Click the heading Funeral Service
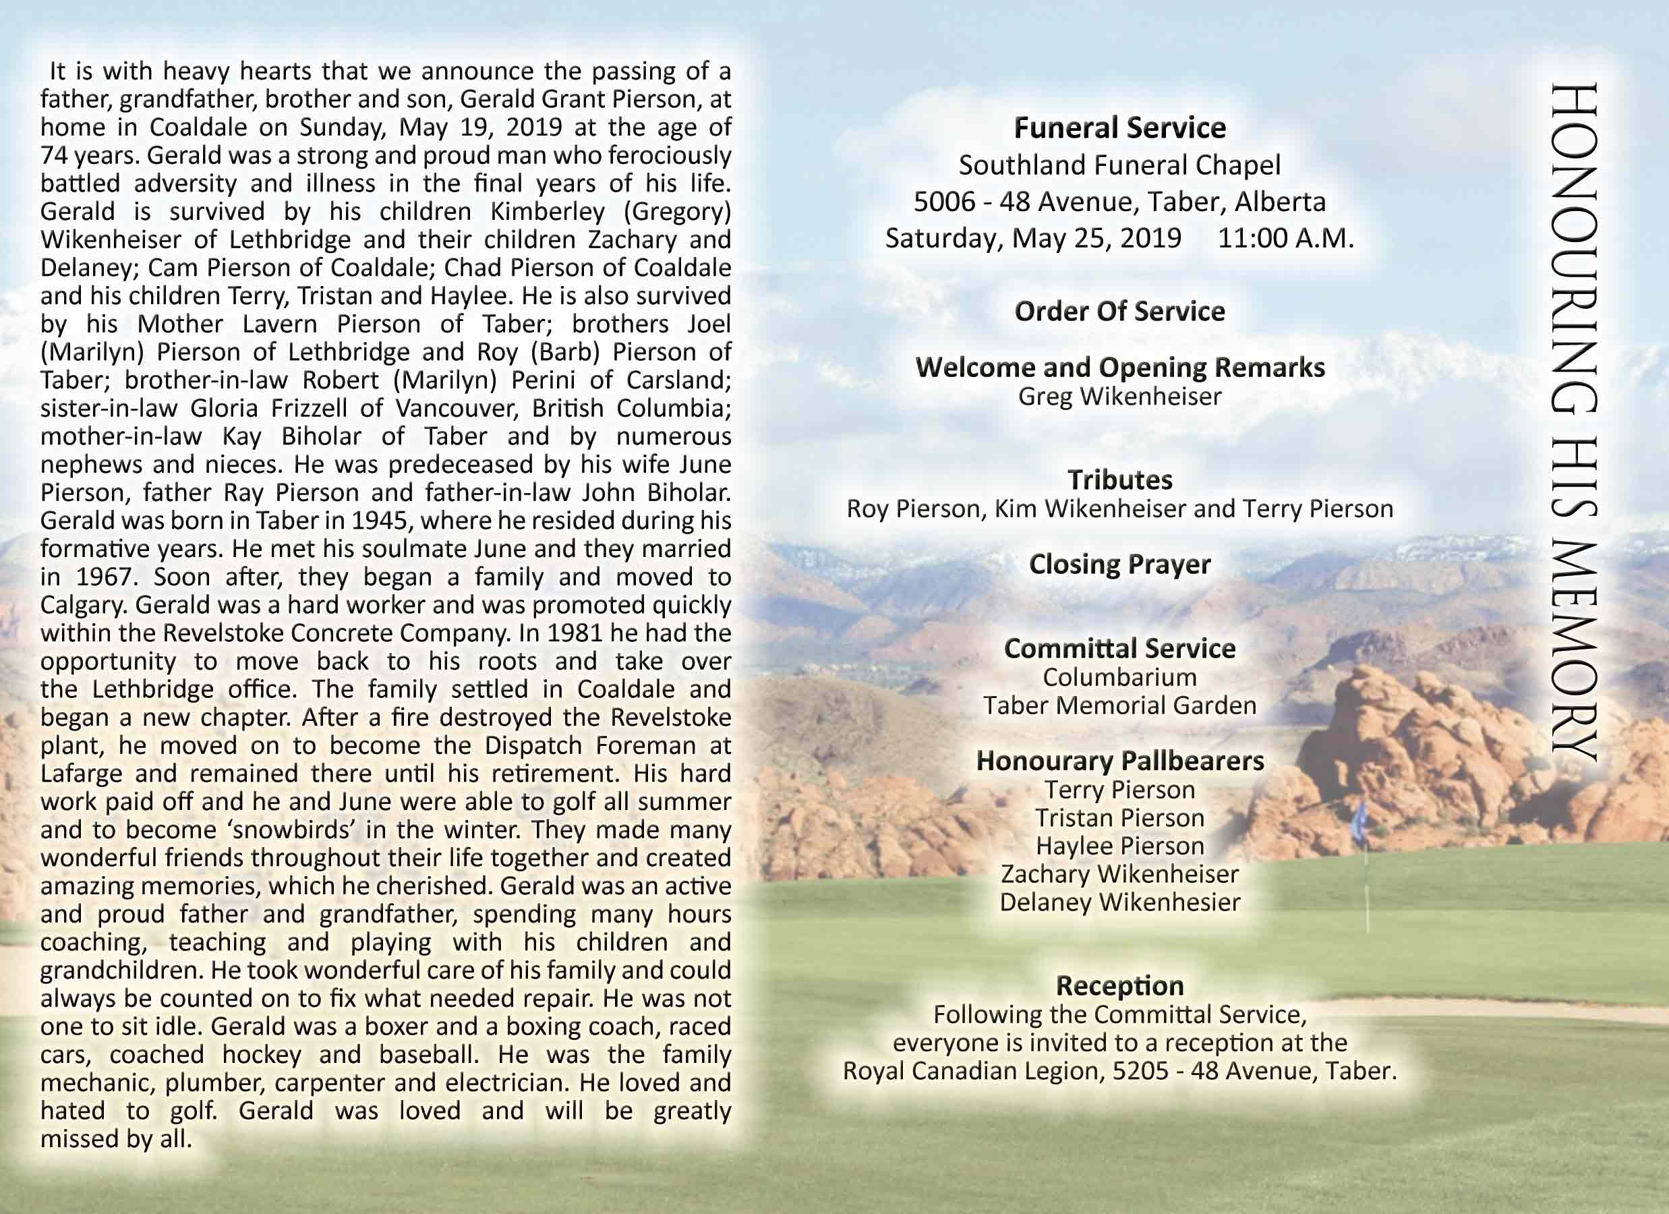point(1119,128)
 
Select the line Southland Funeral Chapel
point(1119,165)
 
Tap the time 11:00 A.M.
point(1285,239)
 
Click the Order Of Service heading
point(1119,312)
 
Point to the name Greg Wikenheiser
point(1119,397)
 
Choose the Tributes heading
point(1119,480)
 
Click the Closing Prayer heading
point(1119,565)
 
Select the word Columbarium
point(1119,677)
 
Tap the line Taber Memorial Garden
point(1119,705)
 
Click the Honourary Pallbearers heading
point(1119,761)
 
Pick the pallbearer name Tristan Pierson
point(1119,818)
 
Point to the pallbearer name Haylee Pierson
point(1119,846)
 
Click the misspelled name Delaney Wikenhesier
point(1119,902)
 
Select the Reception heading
point(1119,986)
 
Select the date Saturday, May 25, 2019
point(1032,239)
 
